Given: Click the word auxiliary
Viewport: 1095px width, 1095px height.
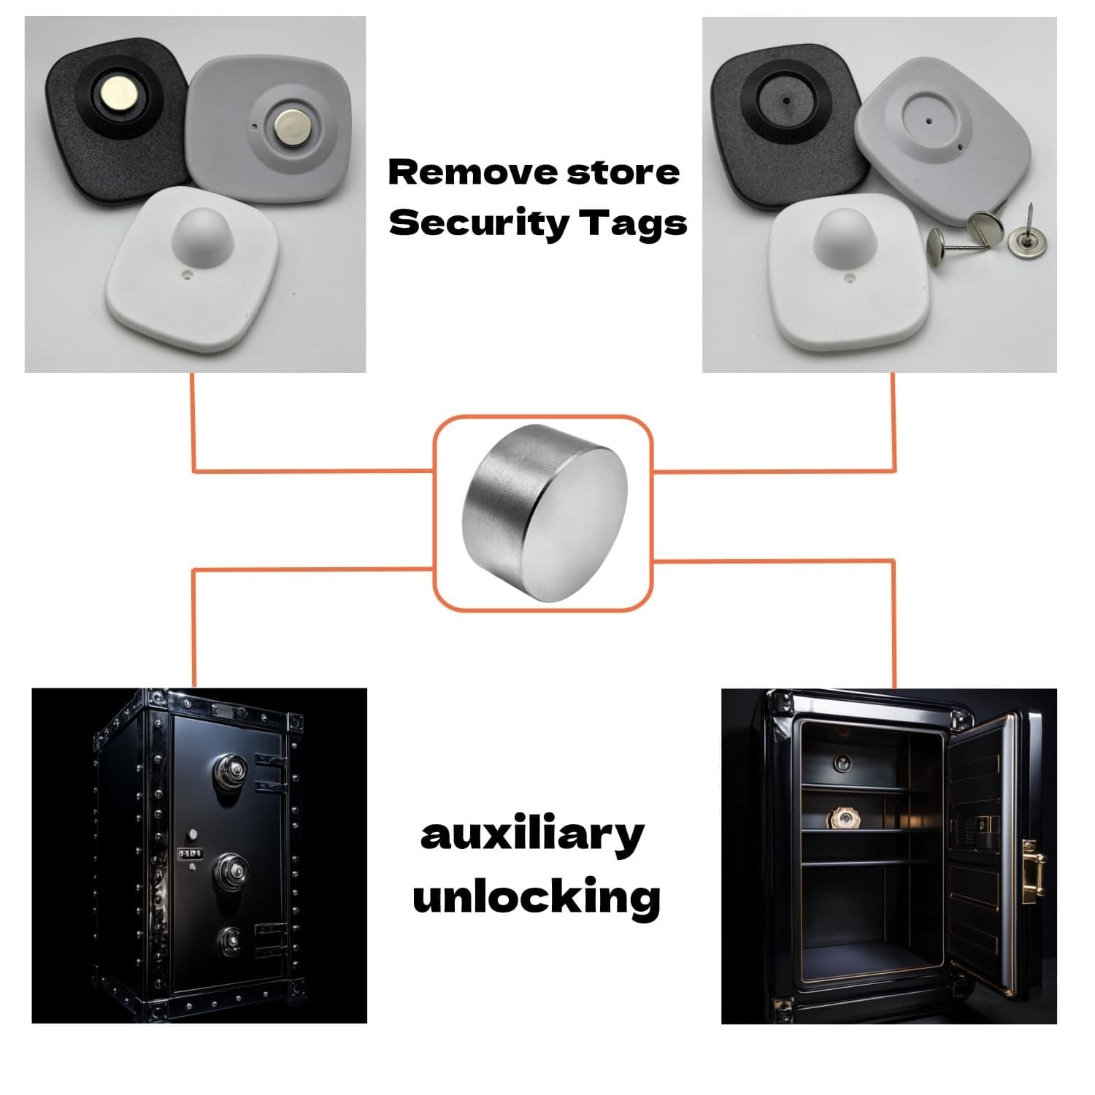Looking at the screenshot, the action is pyautogui.click(x=533, y=837).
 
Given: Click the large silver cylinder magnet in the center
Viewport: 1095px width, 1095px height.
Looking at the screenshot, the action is pyautogui.click(x=545, y=512).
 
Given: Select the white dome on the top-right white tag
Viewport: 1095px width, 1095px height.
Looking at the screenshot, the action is pyautogui.click(x=842, y=239).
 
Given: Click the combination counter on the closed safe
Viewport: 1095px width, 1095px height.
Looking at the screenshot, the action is pyautogui.click(x=191, y=853).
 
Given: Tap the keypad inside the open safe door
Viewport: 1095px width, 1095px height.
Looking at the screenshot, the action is pyautogui.click(x=970, y=831).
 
